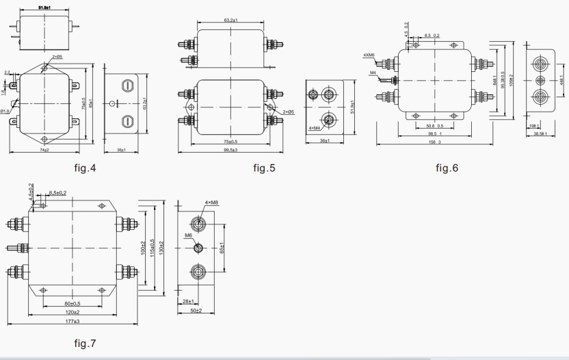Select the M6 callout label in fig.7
(188, 235)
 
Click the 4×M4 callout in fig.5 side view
(315, 128)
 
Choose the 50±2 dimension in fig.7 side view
(196, 311)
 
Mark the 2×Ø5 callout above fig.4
(56, 57)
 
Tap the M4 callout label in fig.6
(373, 73)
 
